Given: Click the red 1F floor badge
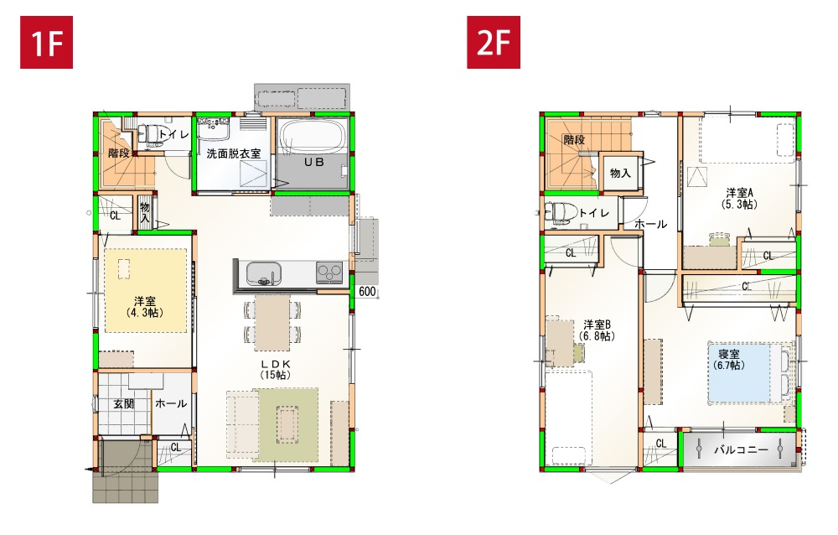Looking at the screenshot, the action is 46,42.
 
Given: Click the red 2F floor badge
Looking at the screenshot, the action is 494,42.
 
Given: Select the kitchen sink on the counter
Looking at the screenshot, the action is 263,274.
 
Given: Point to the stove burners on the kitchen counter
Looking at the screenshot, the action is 329,273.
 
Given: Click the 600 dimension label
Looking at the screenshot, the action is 367,292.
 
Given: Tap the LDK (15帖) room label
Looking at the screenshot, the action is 276,370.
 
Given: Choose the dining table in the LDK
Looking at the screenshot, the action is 272,322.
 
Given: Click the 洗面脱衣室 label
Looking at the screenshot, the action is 234,153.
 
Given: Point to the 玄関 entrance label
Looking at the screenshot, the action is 123,404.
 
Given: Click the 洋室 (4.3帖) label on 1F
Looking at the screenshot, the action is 145,307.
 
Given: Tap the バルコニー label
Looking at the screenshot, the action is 741,449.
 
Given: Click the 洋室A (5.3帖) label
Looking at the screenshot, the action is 740,198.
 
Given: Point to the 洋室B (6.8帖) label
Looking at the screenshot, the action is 597,330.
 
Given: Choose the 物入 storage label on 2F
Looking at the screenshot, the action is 620,173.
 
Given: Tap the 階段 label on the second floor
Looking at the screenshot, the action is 574,140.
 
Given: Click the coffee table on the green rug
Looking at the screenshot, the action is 287,424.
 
